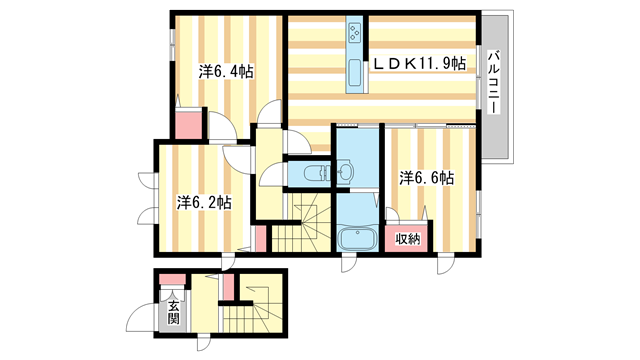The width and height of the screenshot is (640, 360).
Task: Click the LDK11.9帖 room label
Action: coord(420,64)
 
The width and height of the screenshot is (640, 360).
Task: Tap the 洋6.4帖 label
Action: coord(226,72)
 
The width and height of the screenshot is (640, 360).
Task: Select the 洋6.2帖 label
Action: coord(204,202)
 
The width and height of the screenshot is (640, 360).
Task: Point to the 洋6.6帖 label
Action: coord(427,178)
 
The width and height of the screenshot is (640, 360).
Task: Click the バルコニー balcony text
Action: coord(494,82)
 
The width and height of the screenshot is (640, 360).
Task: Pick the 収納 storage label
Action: coord(408,239)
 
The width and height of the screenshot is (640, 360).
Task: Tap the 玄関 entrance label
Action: coord(173,312)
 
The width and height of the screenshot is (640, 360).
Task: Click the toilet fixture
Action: coord(318,173)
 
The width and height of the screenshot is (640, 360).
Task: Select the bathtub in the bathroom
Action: coord(357,238)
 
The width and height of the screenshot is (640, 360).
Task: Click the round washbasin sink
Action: coord(346,171)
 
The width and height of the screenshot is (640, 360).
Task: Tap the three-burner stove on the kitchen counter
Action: coord(354,31)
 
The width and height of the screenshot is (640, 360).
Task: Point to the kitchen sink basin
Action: coord(354,73)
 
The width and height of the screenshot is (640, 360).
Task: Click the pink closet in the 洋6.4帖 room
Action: coord(189,124)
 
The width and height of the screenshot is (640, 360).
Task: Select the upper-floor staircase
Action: coord(302,223)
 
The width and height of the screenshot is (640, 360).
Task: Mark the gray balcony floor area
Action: coord(495,86)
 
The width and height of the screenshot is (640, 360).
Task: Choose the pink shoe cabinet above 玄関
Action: coord(172,280)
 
